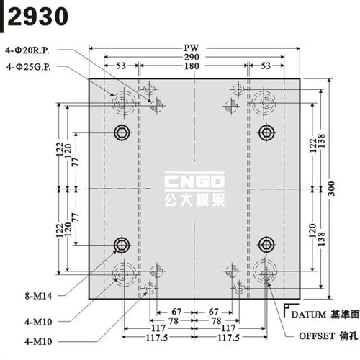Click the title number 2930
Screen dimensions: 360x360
tap(38, 17)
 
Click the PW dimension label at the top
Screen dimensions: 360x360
tap(192, 48)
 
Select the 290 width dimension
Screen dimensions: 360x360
tap(192, 57)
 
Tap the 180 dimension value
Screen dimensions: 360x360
tap(192, 66)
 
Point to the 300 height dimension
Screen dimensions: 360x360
tap(331, 189)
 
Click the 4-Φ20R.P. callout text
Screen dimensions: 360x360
tap(27, 50)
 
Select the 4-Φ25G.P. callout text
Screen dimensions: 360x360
tap(29, 67)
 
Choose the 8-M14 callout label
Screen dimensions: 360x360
tap(38, 296)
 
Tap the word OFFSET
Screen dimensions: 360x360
tap(317, 336)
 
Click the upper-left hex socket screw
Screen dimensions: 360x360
tap(122, 132)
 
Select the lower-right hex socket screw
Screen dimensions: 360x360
tap(266, 245)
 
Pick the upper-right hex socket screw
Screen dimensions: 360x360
tap(266, 132)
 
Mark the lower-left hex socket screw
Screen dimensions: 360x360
tap(122, 245)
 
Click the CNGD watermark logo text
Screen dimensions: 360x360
tap(194, 181)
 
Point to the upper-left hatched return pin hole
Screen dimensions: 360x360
tap(157, 105)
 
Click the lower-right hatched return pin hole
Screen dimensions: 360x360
tap(232, 271)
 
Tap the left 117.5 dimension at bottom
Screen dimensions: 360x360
tap(157, 338)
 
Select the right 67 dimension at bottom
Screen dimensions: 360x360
tap(213, 312)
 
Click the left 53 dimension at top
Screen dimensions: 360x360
tap(121, 66)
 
